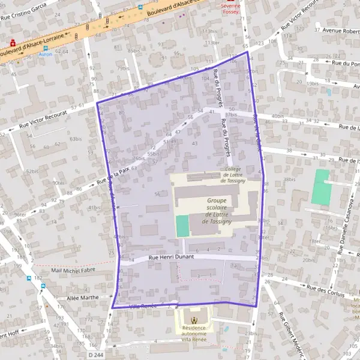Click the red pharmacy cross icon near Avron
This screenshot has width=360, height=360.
click(x=13, y=43)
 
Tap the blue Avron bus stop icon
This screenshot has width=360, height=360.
click(x=45, y=48)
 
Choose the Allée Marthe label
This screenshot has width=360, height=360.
click(x=82, y=297)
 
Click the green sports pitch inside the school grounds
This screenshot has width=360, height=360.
click(x=182, y=226)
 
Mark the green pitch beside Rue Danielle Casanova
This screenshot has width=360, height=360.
click(x=321, y=185)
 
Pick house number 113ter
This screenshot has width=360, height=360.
click(x=211, y=43)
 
